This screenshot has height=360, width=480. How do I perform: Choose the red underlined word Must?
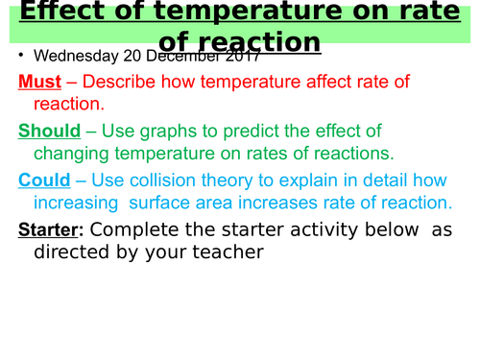click(x=39, y=83)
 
